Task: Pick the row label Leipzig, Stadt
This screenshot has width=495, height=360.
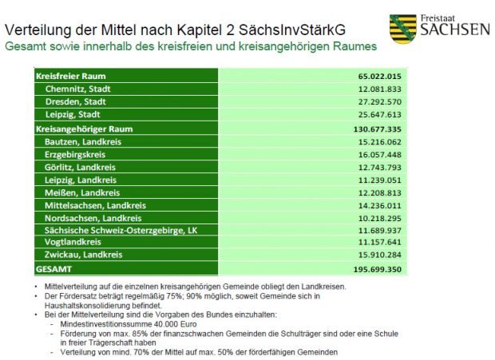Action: click(72, 115)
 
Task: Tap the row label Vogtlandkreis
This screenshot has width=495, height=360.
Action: click(73, 243)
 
